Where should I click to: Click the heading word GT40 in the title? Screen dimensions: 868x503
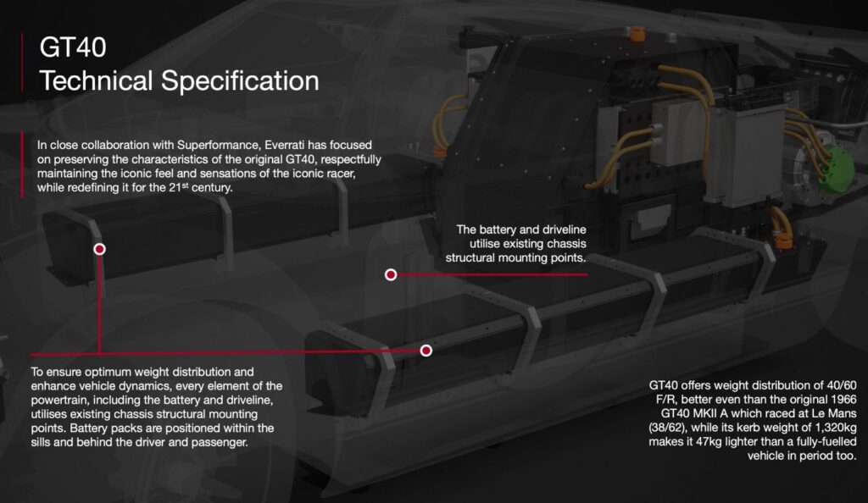click(x=73, y=47)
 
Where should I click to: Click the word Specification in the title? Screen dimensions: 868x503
click(x=240, y=81)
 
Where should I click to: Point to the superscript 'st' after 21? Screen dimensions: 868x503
click(x=186, y=185)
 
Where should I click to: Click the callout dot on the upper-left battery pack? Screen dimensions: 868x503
click(x=100, y=249)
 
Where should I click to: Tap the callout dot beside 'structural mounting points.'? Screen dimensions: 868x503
click(x=391, y=274)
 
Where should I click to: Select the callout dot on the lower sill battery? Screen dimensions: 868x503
click(x=426, y=351)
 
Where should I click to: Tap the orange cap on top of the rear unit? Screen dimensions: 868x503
click(x=637, y=33)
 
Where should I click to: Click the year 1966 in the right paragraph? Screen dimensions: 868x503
click(x=843, y=399)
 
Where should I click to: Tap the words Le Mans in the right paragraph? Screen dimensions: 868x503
click(x=832, y=413)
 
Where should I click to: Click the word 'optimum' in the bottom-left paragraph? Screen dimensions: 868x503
click(x=108, y=372)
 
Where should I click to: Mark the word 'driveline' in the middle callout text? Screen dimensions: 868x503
click(x=564, y=229)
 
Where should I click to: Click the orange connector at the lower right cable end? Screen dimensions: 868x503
click(x=784, y=241)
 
